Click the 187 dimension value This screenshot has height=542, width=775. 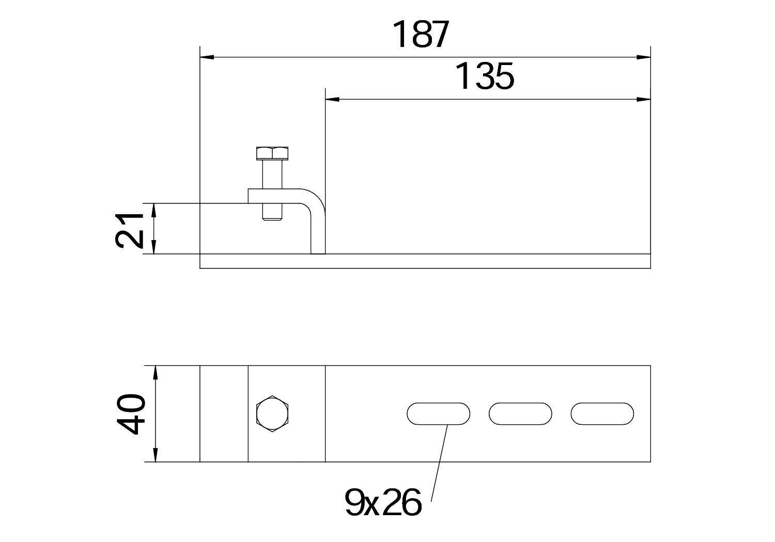pos(421,35)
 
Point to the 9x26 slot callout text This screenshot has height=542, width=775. pos(383,503)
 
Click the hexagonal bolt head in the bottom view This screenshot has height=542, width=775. pos(273,413)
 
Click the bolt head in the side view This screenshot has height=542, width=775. pos(272,153)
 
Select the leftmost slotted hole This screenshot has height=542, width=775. pos(438,413)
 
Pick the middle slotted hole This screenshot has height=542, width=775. pos(520,413)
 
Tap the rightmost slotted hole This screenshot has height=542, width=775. pos(602,413)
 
